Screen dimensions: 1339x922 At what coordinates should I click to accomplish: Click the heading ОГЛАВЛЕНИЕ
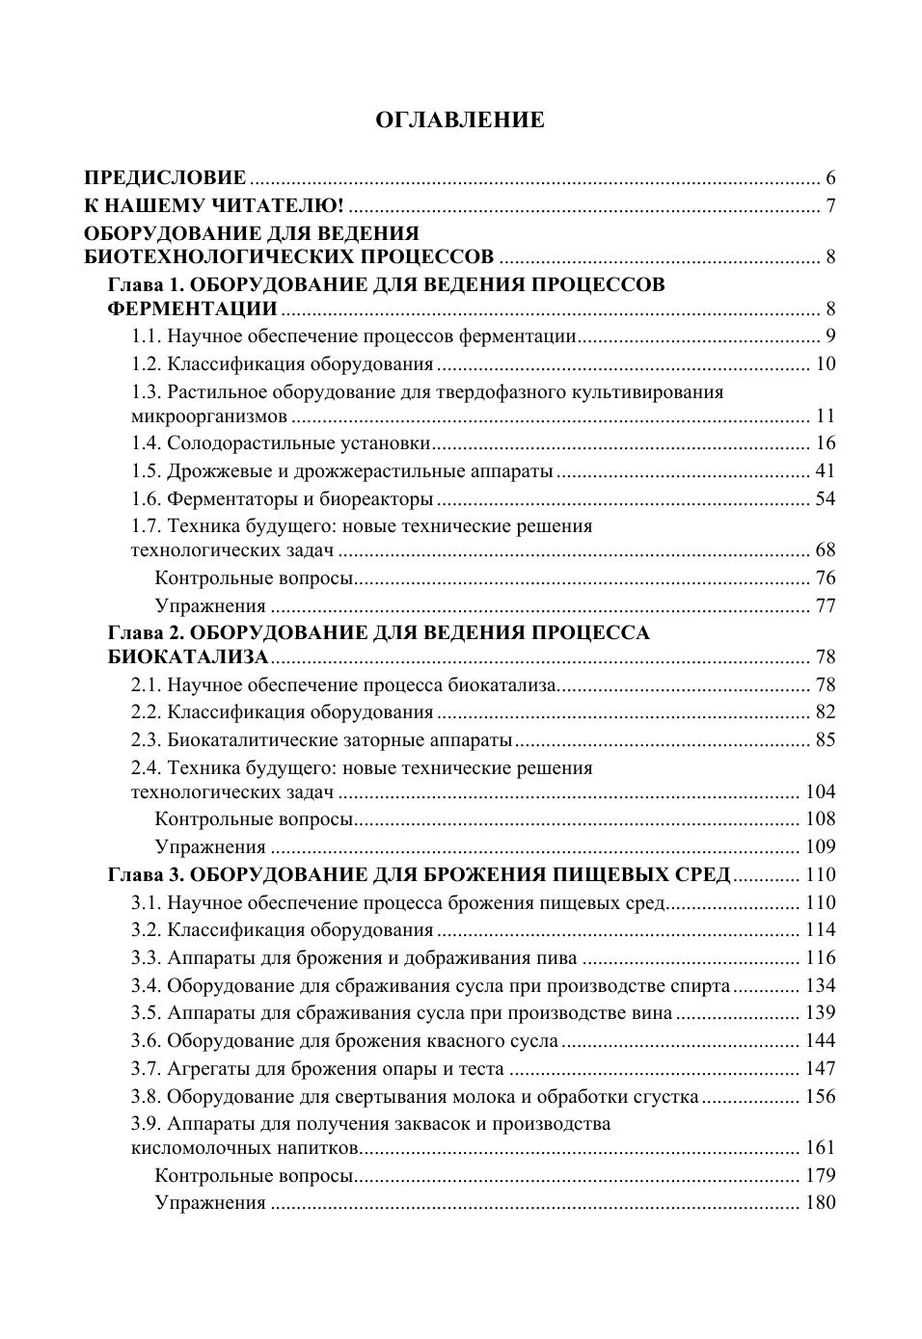(x=460, y=120)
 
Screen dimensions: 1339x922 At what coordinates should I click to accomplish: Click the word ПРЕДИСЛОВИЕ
(x=165, y=177)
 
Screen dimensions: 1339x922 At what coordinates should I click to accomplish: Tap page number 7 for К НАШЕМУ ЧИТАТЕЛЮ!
(x=830, y=205)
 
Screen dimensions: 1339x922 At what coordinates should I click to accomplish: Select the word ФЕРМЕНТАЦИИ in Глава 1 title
(x=192, y=308)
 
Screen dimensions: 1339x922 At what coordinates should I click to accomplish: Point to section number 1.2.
(x=146, y=363)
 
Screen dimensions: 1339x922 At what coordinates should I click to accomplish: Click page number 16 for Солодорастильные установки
(x=825, y=442)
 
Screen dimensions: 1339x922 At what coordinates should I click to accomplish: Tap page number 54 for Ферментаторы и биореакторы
(x=825, y=498)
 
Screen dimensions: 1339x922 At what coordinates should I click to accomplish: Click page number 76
(x=825, y=577)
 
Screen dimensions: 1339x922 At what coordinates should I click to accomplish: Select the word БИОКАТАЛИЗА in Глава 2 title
(x=188, y=656)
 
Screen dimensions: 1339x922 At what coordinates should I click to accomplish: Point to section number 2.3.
(x=146, y=739)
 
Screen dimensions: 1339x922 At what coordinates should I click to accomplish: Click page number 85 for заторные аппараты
(x=825, y=739)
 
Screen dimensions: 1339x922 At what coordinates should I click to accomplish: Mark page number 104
(x=820, y=791)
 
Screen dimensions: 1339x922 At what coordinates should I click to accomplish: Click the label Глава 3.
(x=142, y=874)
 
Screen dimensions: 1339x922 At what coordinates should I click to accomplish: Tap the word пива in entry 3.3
(x=558, y=957)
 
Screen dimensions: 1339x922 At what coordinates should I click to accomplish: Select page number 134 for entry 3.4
(x=820, y=985)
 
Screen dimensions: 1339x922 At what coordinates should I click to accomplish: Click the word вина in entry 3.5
(x=651, y=1012)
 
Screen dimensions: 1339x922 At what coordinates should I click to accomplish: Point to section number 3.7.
(x=146, y=1068)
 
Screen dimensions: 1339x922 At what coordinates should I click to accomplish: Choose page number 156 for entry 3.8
(x=820, y=1096)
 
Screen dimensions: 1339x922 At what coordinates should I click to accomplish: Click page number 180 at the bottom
(x=820, y=1202)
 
